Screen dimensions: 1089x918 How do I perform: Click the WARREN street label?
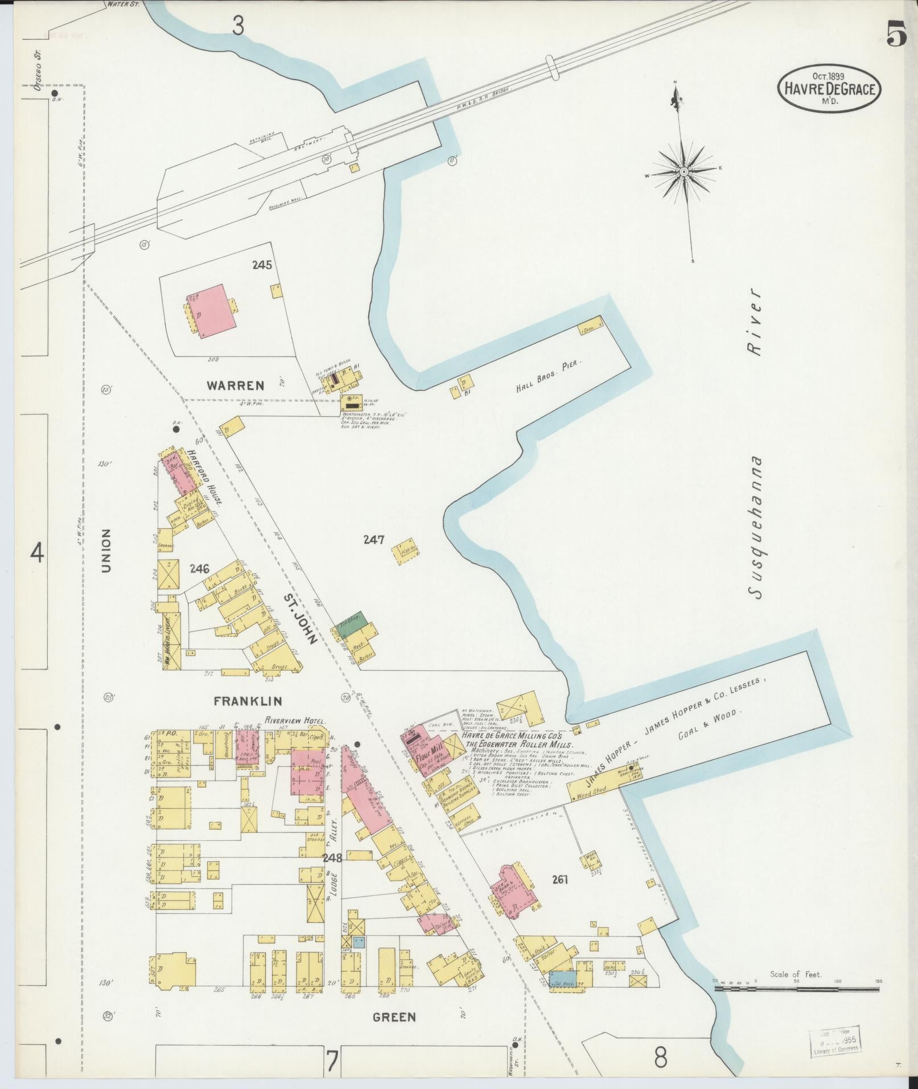tap(236, 385)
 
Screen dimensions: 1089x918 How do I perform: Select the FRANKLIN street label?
tap(248, 701)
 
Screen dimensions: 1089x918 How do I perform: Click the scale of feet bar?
tap(797, 989)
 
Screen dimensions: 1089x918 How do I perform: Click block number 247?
tap(374, 540)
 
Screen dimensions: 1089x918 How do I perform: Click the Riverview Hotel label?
tap(291, 720)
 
